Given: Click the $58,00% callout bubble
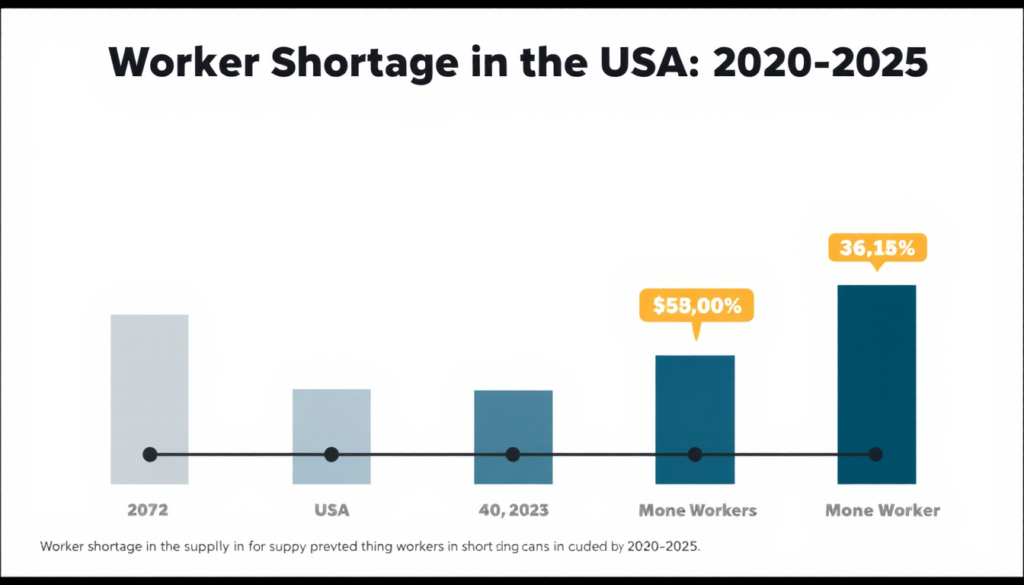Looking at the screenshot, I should [x=696, y=307].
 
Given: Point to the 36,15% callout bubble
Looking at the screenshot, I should [x=877, y=248].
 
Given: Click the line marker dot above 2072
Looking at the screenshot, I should [x=150, y=455].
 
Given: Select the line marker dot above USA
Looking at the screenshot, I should [x=331, y=455].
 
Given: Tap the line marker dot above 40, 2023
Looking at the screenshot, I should [x=513, y=455].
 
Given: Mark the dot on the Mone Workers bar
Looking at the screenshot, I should [x=695, y=455].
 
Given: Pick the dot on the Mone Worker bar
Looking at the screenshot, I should [x=876, y=455].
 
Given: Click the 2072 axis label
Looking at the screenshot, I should [x=148, y=510].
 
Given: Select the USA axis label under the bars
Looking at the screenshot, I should [x=331, y=510].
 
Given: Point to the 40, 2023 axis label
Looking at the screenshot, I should [x=513, y=510].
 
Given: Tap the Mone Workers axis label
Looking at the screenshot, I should [x=698, y=510].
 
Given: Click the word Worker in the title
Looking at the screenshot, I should [x=179, y=64].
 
